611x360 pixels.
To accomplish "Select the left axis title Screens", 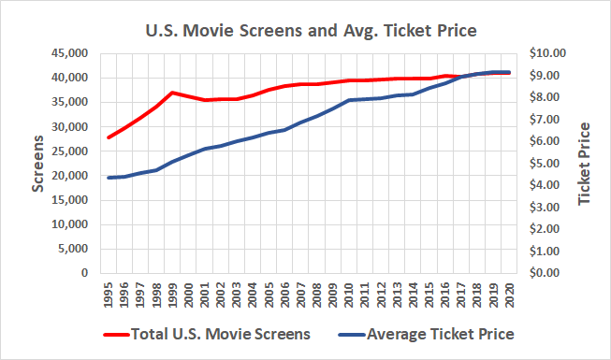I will (x=38, y=165).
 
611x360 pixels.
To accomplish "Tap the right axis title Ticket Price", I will (x=585, y=165).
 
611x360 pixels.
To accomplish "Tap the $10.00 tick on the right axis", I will (x=548, y=53).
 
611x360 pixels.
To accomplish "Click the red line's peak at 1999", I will (x=172, y=93).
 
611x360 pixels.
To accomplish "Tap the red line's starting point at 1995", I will (x=109, y=137).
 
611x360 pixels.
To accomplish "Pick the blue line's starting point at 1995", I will (x=109, y=178).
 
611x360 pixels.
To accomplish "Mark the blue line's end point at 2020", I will (x=509, y=72).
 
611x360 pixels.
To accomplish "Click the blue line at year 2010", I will (x=349, y=100).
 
